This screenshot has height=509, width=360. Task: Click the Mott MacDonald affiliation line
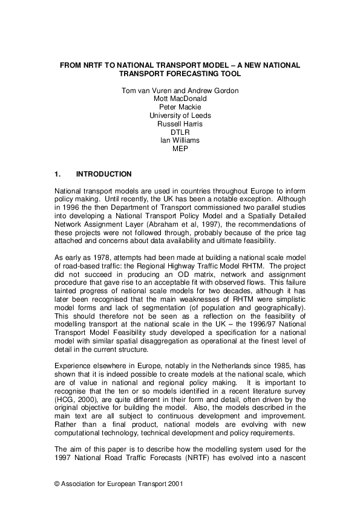[180, 99]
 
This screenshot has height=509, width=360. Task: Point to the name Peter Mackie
[180, 107]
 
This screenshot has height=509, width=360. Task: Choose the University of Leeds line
[180, 115]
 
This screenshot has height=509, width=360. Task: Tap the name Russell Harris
[180, 124]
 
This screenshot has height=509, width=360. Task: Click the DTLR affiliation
[180, 132]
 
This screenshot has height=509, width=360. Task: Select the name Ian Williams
[180, 140]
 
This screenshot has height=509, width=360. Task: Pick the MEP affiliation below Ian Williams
[180, 149]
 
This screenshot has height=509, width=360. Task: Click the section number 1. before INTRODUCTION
[58, 174]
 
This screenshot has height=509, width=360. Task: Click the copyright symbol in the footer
[57, 484]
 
